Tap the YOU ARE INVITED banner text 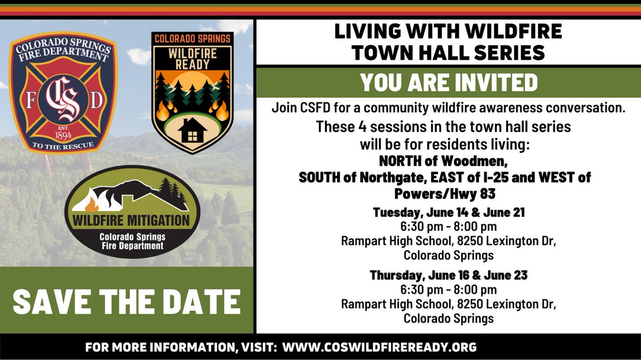click(x=448, y=82)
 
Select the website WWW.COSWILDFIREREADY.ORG click(x=379, y=347)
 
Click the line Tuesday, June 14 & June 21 click(x=449, y=212)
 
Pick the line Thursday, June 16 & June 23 click(x=449, y=276)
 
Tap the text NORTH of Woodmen click(x=449, y=161)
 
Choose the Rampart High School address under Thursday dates click(x=449, y=304)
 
